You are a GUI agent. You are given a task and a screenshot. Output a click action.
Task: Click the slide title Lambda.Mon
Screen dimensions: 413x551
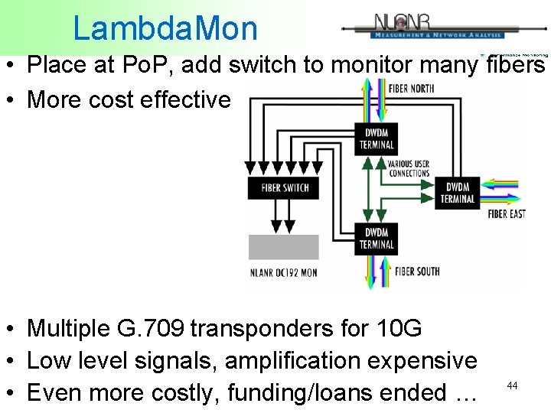point(165,29)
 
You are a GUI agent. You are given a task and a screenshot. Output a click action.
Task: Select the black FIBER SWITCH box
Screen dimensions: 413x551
point(285,187)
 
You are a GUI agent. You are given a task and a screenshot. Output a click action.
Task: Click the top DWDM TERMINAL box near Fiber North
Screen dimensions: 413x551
point(377,138)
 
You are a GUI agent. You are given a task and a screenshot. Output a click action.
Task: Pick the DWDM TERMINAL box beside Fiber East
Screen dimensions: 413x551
point(457,193)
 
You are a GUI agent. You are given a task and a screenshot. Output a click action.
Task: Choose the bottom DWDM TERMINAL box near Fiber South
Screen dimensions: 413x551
point(377,239)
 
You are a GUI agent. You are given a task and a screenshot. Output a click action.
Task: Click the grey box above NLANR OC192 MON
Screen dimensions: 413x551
point(284,247)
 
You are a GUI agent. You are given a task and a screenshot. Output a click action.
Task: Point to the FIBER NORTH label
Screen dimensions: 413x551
point(411,89)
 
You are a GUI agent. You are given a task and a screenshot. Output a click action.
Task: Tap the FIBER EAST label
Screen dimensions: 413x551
point(507,214)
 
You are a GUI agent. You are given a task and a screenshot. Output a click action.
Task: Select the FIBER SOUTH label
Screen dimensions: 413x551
point(417,271)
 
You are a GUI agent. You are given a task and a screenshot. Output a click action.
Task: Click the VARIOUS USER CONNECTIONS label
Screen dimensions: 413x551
point(409,168)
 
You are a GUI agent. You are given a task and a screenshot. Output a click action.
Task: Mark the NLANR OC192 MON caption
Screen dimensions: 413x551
point(283,272)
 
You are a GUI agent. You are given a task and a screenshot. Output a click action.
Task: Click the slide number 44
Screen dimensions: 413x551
point(512,386)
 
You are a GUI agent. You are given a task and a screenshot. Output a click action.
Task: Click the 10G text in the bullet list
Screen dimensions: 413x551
point(400,329)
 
